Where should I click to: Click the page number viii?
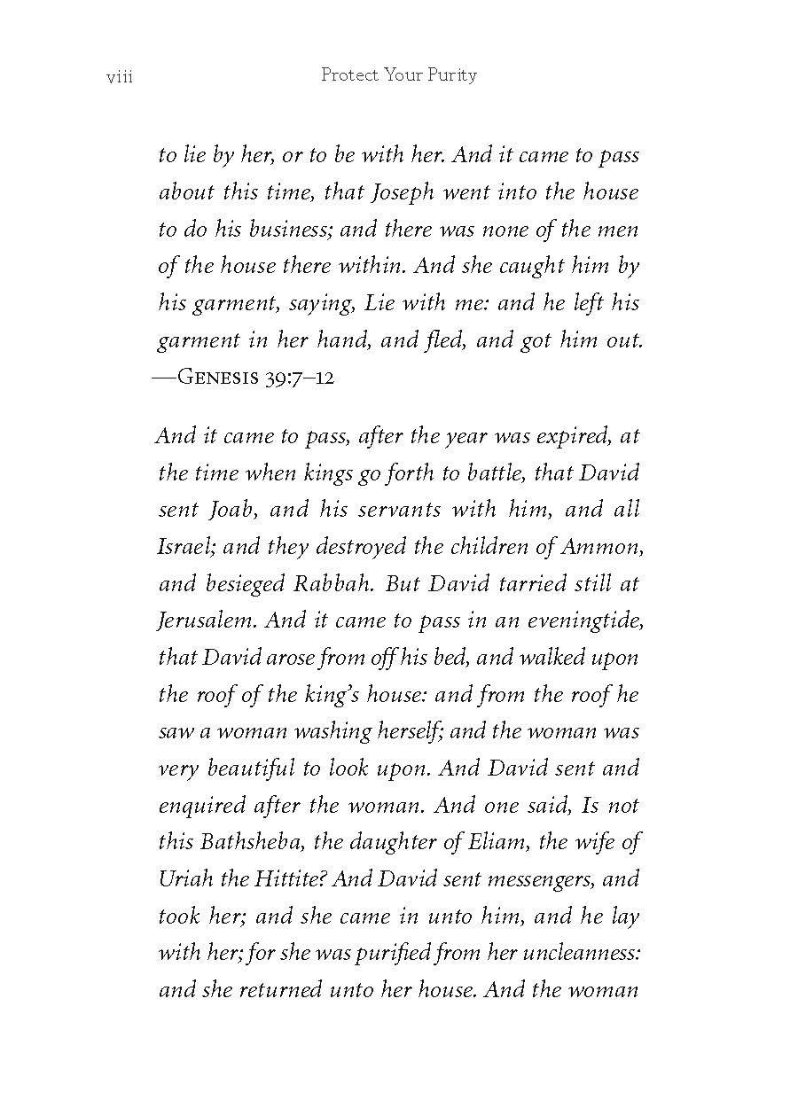[x=119, y=77]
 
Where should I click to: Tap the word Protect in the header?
[x=349, y=75]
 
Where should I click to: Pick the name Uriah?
[x=184, y=879]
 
